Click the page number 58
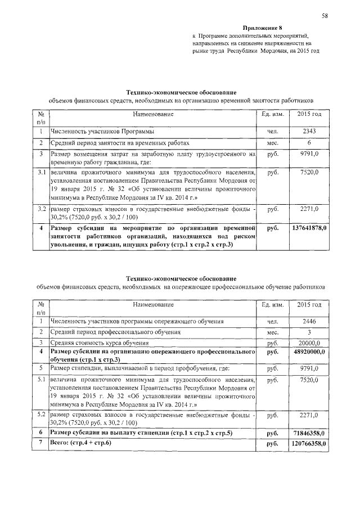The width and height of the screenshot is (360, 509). [x=325, y=15]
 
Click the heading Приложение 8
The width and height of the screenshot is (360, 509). [x=262, y=28]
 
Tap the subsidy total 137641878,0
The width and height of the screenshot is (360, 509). [x=309, y=228]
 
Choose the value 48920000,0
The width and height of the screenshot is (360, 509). [x=309, y=351]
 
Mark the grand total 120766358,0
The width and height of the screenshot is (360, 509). [x=309, y=444]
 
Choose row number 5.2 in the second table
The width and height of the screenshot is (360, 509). [x=41, y=415]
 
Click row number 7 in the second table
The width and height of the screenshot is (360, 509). [x=41, y=444]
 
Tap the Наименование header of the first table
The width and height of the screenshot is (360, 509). [x=153, y=115]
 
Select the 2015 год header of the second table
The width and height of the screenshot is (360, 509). [x=309, y=304]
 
